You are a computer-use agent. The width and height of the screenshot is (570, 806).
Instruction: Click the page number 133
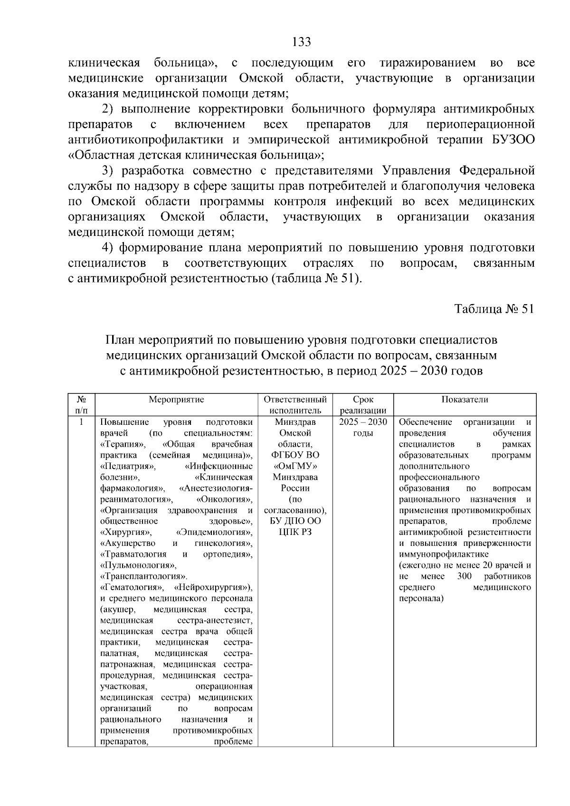coord(302,42)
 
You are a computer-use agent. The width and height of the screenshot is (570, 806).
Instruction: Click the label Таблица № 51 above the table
coord(494,309)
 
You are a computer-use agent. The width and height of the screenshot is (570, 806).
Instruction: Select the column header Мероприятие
coord(176,400)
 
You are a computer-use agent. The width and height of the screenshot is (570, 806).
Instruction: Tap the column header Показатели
coord(465,400)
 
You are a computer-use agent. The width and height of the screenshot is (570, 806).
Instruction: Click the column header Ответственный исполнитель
coord(295,405)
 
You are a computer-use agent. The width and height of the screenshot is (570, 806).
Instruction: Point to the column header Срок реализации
coord(363,405)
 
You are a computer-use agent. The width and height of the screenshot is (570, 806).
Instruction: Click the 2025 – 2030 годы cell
coord(363,427)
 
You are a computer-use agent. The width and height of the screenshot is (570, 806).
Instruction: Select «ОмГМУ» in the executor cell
coord(295,466)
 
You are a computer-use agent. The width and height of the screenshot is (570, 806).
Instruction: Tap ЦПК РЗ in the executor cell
coord(295,532)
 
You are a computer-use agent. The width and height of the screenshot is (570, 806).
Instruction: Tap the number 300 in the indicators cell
coord(464,576)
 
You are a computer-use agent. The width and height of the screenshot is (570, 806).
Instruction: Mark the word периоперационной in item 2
coord(481,124)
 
